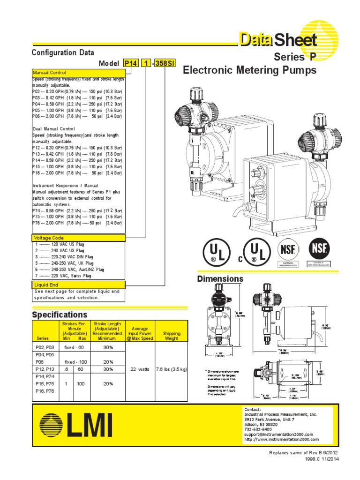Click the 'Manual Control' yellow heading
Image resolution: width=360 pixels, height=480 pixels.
50,73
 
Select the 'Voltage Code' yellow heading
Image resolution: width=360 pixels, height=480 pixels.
49,238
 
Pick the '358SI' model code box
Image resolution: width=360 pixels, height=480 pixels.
164,64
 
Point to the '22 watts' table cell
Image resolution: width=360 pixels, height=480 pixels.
140,369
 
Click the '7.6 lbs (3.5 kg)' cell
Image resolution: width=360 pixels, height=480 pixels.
171,369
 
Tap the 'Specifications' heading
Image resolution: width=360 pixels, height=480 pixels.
60,314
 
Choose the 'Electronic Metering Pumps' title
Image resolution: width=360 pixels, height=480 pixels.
249,70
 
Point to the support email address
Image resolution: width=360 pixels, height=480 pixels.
278,435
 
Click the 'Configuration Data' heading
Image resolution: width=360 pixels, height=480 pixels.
63,52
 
